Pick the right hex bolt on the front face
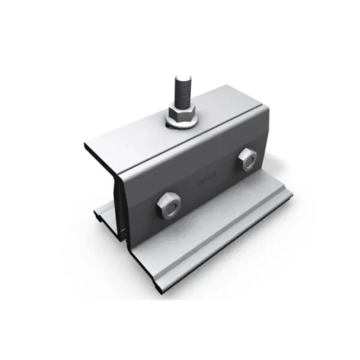point(246,159)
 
